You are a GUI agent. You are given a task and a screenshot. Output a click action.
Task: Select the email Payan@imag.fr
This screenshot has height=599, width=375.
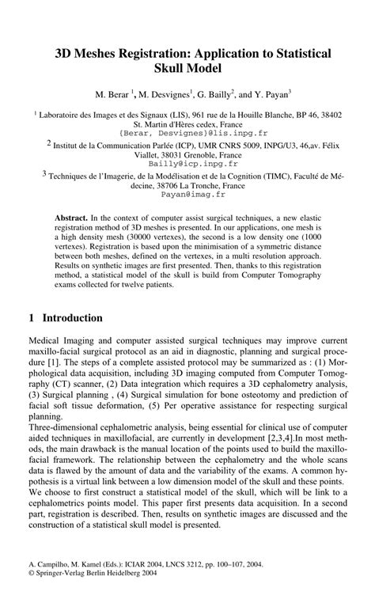(x=187, y=192)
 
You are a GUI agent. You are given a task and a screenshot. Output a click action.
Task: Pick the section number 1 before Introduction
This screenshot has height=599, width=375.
(x=31, y=318)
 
